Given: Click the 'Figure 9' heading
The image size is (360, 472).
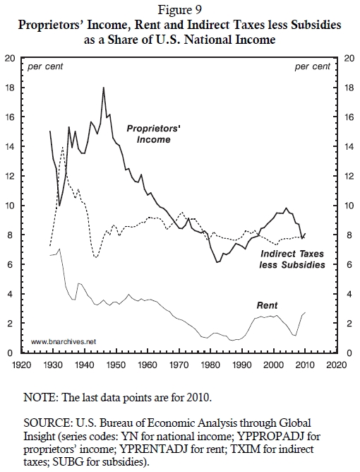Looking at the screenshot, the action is click(180, 10).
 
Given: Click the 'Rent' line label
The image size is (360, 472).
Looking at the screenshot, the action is click(267, 305).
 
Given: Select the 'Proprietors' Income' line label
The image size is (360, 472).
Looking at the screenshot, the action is click(153, 134).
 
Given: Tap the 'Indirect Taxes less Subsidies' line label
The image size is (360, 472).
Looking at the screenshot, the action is click(292, 259).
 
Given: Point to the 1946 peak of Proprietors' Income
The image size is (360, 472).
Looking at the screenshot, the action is click(104, 88).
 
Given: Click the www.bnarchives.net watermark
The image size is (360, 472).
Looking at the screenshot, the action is click(64, 342).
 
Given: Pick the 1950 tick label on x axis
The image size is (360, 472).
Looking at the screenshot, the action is click(116, 365).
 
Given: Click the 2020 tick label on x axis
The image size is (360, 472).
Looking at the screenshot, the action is click(337, 365).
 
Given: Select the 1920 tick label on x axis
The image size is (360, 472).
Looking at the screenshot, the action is click(22, 365).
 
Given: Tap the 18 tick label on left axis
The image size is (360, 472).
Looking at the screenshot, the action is click(10, 88).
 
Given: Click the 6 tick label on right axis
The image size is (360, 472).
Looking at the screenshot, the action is click(349, 264).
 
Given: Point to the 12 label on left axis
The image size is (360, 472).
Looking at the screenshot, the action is click(10, 176).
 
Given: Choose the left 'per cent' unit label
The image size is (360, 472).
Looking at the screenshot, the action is click(45, 66).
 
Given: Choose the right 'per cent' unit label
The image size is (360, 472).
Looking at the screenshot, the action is click(313, 66).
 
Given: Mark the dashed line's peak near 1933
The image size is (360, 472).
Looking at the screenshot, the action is click(63, 147).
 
